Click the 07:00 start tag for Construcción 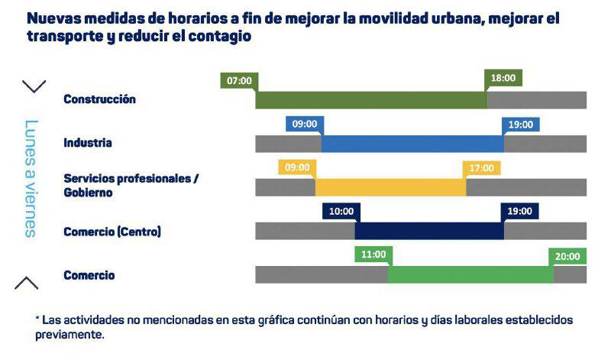click(239, 80)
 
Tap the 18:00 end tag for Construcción click(503, 78)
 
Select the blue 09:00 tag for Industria click(305, 124)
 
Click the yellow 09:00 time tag click(297, 167)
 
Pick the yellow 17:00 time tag click(482, 167)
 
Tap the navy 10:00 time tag click(341, 211)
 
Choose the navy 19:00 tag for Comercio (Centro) click(520, 211)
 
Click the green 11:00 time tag click(373, 255)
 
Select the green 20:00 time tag click(567, 256)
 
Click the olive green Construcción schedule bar click(371, 100)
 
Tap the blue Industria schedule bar click(412, 144)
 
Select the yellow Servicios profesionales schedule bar click(390, 187)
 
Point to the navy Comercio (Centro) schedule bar click(428, 231)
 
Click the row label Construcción click(99, 99)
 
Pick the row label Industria click(88, 143)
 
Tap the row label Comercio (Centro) click(112, 231)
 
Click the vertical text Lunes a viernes click(31, 178)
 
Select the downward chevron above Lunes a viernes click(34, 86)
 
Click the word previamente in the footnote click(70, 335)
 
